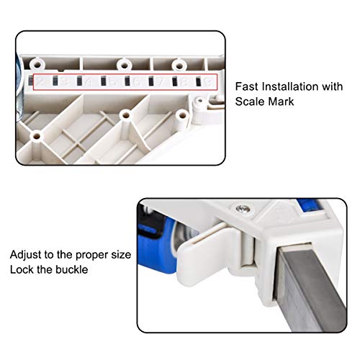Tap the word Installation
coord(290,86)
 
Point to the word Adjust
coord(25,255)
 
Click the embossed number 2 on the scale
coord(41,82)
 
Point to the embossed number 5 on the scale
coord(113,82)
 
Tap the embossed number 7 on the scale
coord(161,82)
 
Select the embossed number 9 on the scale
coord(208,82)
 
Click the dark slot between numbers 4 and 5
coord(103,81)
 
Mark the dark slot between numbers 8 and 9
coord(199,81)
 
